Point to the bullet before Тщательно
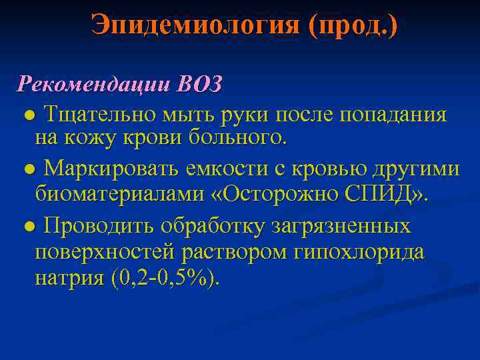(x=28, y=115)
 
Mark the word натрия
(x=69, y=277)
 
